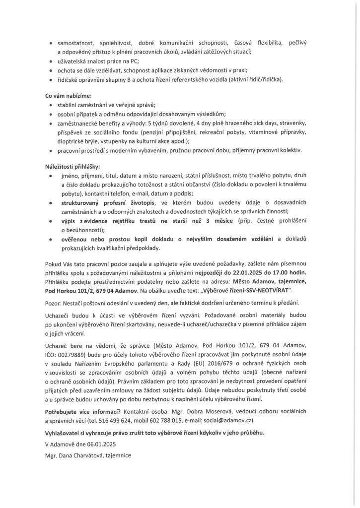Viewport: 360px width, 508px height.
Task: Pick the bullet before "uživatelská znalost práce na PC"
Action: pyautogui.click(x=52, y=62)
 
